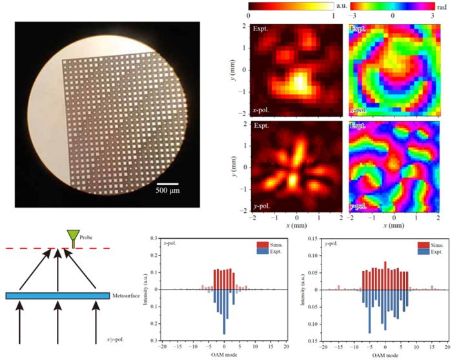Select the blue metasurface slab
pos(57,296)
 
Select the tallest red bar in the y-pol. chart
pos(385,275)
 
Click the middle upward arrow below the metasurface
pos(58,323)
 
